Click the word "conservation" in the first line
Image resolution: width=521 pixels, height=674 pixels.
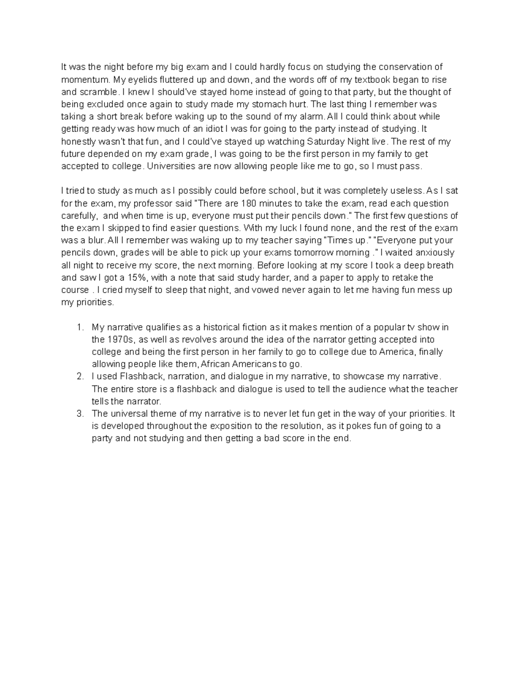[x=404, y=67]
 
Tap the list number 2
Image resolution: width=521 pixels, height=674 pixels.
[x=79, y=377]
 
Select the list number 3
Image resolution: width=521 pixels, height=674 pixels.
[x=79, y=414]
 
